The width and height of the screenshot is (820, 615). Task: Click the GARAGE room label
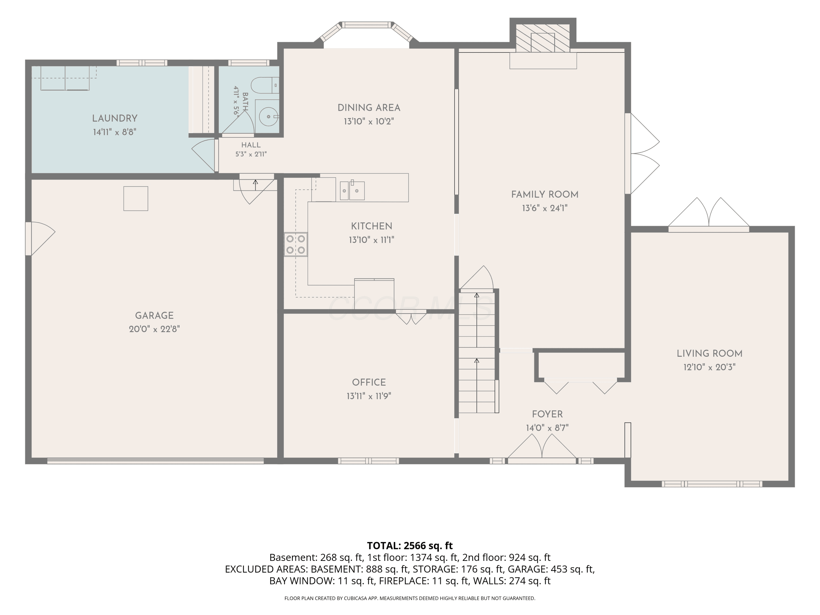[x=154, y=315]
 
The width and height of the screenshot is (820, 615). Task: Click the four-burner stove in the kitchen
[x=296, y=244]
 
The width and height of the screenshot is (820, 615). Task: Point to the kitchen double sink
[x=352, y=191]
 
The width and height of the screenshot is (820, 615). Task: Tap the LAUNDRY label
[x=115, y=118]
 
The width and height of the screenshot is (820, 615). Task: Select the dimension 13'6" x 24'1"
[x=544, y=208]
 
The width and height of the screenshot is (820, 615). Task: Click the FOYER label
[x=547, y=414]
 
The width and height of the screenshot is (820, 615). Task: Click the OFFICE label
[x=369, y=382]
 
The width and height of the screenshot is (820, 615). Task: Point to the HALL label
[x=251, y=145]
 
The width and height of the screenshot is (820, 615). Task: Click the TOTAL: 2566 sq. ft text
[x=410, y=546]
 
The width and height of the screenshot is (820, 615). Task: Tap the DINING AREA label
[x=369, y=108]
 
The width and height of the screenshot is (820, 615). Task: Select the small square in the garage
[x=136, y=199]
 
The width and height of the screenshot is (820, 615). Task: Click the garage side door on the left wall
[x=40, y=239]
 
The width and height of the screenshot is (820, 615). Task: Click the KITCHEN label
[x=371, y=226]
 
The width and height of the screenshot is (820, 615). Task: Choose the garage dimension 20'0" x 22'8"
[x=154, y=329]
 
